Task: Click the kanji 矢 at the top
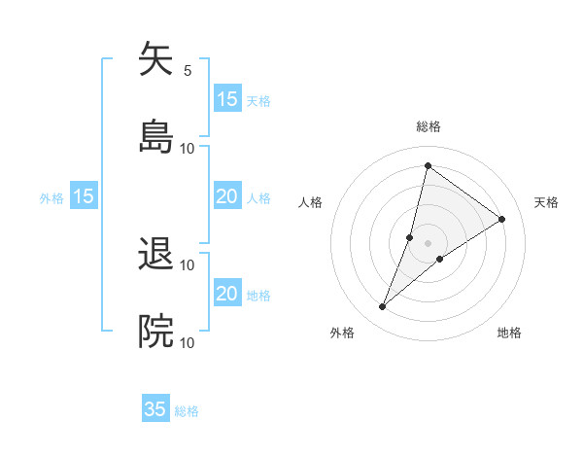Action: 155,59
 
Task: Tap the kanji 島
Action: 155,136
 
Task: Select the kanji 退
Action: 155,255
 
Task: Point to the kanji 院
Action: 155,332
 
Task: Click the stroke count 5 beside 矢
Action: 188,71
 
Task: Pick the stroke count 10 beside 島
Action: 188,148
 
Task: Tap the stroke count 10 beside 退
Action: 188,265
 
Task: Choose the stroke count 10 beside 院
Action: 188,342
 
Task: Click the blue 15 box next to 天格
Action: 227,99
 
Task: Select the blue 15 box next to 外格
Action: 84,196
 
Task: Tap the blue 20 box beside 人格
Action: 227,196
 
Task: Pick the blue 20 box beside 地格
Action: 227,294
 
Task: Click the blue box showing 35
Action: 155,409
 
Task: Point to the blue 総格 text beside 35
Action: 188,411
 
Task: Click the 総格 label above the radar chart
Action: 429,126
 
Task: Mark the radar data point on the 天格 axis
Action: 502,219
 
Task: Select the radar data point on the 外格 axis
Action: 383,307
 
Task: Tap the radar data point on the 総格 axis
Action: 428,165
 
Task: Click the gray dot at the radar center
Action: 429,242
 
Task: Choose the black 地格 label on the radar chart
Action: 509,333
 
